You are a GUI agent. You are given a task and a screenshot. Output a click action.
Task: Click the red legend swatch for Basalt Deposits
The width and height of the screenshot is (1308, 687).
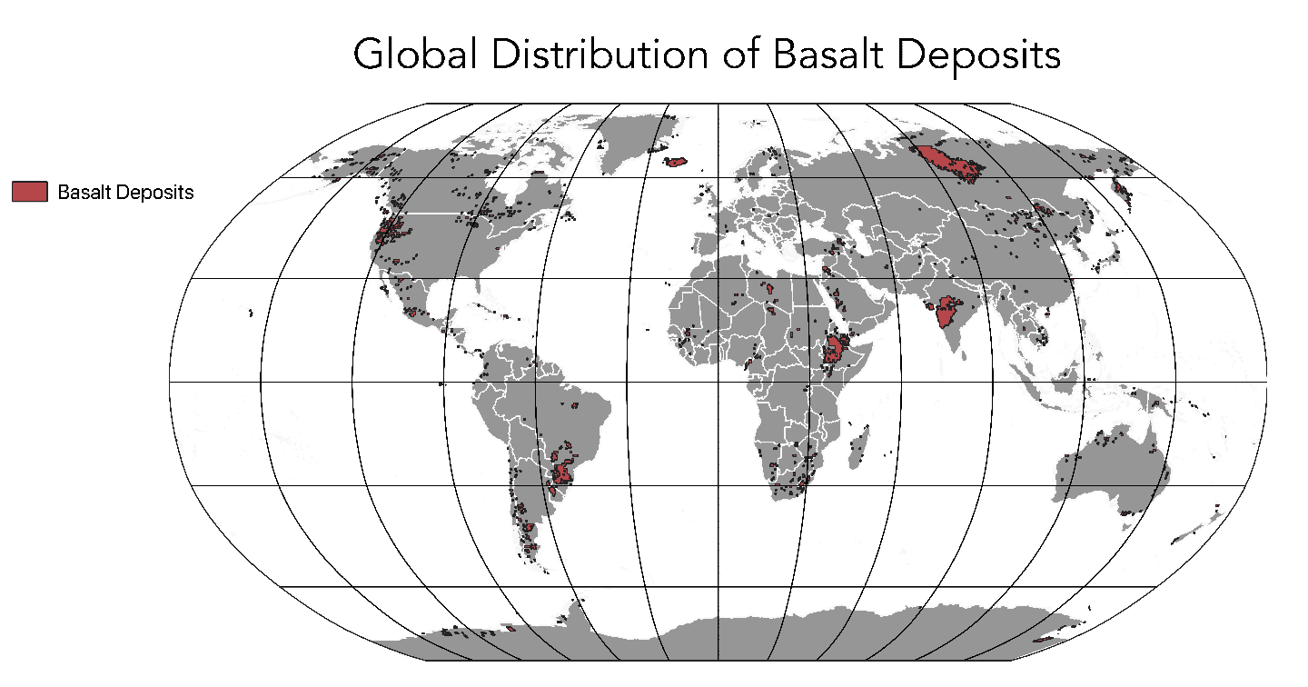29,192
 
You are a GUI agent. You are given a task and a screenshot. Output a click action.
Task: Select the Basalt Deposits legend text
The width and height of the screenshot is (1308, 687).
125,193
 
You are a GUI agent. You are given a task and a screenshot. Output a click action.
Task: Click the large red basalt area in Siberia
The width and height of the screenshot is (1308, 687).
950,164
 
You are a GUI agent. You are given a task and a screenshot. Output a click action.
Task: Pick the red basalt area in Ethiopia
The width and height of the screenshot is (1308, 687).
835,350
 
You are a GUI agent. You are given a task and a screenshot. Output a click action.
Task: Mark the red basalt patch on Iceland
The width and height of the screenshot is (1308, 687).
675,162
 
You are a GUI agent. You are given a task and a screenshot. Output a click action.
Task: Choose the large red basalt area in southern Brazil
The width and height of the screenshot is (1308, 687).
563,474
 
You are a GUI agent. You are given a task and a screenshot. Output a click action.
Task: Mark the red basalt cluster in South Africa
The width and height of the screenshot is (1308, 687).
796,482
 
